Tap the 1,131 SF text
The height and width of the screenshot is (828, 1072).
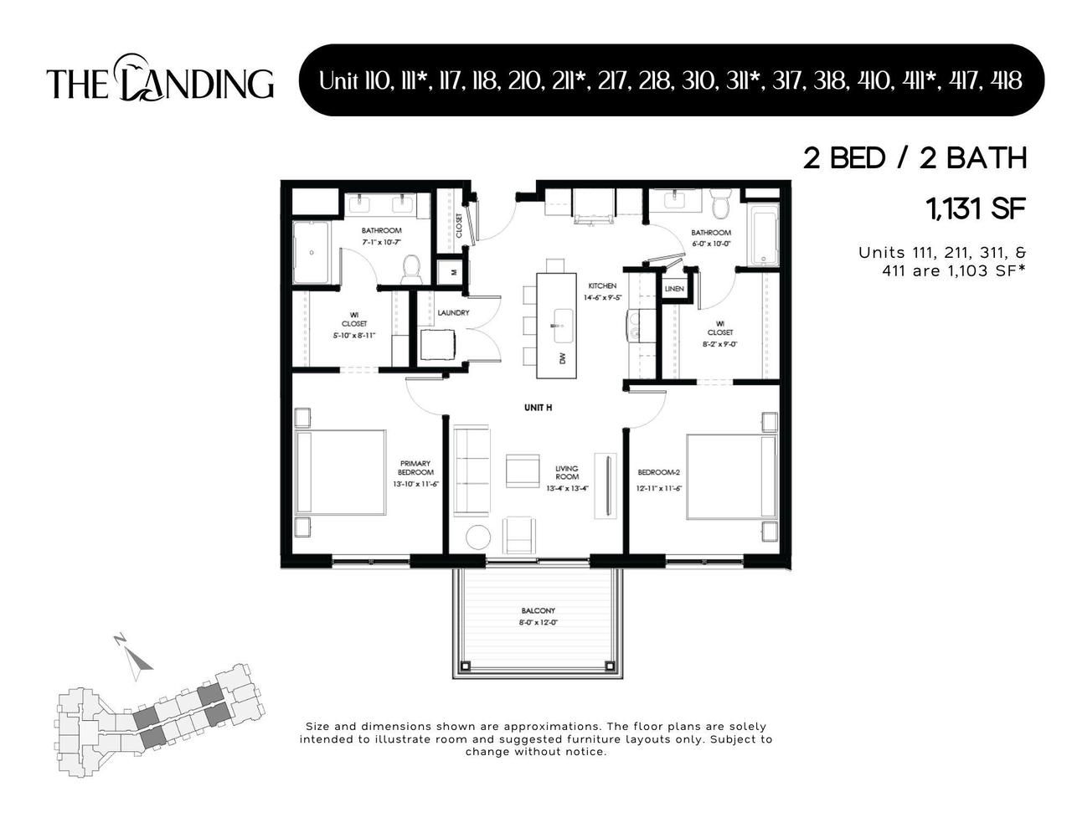click(976, 208)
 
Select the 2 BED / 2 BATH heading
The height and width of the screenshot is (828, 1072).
click(915, 158)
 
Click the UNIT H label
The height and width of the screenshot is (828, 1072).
click(538, 408)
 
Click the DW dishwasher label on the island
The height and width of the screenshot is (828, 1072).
click(562, 358)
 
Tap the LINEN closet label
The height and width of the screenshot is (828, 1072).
click(674, 289)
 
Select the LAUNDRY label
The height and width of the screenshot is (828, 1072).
click(453, 313)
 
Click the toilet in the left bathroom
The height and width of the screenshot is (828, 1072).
click(410, 267)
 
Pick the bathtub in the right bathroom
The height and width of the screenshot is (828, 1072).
click(764, 235)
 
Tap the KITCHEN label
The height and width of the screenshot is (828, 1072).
click(601, 286)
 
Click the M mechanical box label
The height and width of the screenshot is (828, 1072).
click(453, 272)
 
